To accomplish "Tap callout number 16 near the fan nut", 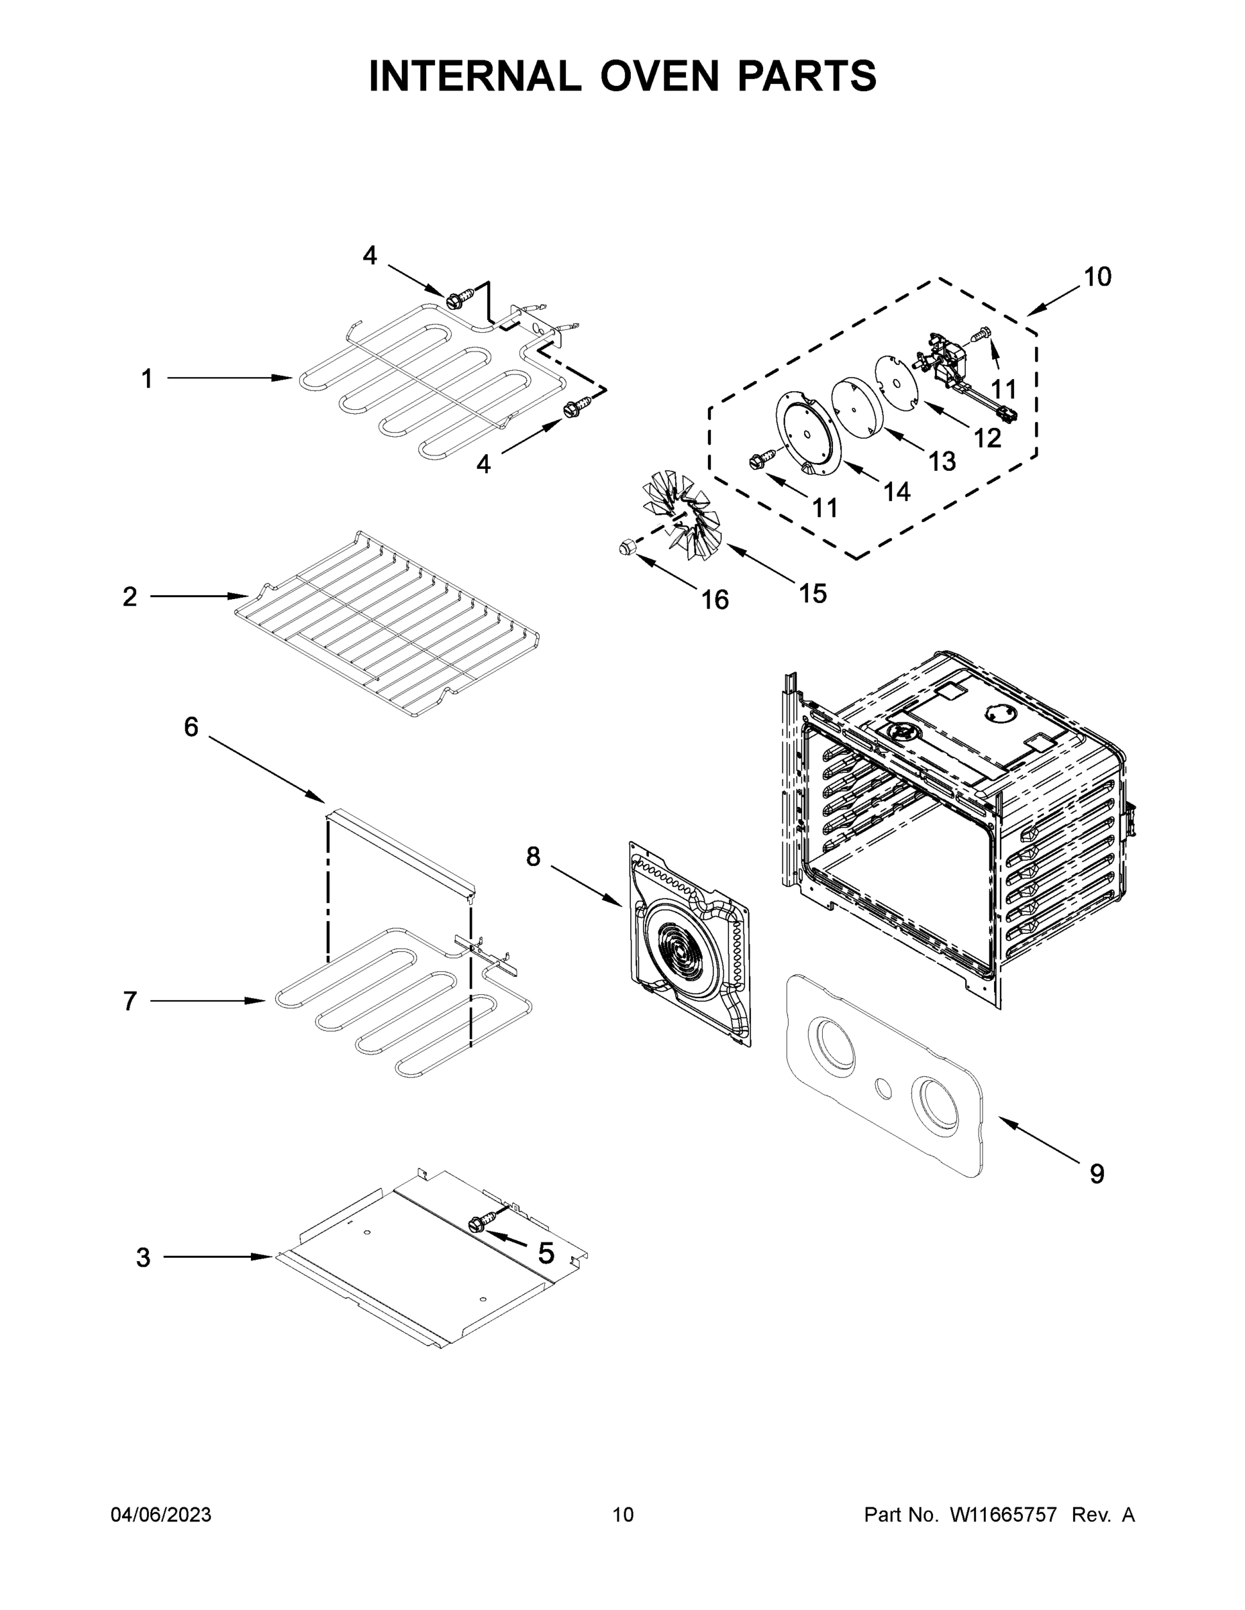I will point(714,600).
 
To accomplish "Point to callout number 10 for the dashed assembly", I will point(1097,277).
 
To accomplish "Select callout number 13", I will point(942,462).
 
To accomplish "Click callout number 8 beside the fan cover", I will point(532,857).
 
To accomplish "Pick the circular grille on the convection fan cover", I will point(677,959).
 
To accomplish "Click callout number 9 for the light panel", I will point(1097,1173).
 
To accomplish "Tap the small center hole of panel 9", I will point(883,1087).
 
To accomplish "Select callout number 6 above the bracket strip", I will point(191,728).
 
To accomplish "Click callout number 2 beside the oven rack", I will point(130,596).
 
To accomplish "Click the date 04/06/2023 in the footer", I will point(161,1515).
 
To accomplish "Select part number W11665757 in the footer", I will point(1003,1515).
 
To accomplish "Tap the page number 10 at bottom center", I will point(623,1515).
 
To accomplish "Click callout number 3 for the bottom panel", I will point(143,1258).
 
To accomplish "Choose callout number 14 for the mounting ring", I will point(896,492).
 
